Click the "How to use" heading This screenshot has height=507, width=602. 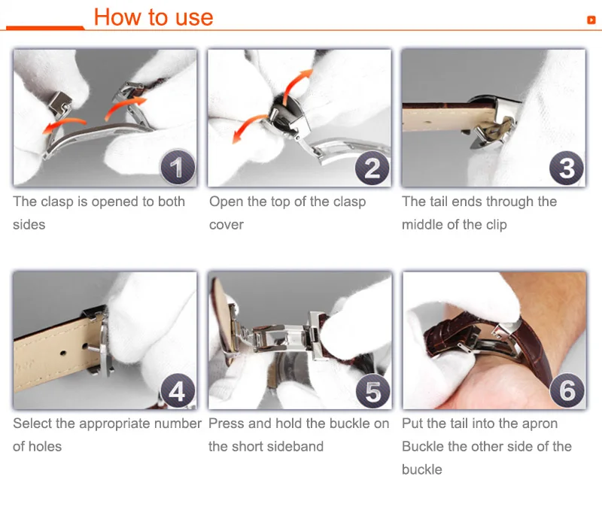[154, 17]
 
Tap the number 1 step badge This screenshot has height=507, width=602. [178, 167]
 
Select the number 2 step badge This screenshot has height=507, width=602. [372, 168]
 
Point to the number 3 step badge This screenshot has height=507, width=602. [567, 168]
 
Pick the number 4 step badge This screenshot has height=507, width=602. [178, 390]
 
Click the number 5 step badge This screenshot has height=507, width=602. [372, 390]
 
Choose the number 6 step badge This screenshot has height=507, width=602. [567, 390]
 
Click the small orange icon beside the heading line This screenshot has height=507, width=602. [591, 20]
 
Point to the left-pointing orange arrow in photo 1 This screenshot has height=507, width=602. [63, 126]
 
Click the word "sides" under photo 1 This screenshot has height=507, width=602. [29, 224]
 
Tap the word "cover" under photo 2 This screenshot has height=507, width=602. [227, 225]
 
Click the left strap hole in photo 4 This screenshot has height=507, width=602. [63, 352]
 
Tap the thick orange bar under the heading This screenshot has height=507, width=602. [45, 27]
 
